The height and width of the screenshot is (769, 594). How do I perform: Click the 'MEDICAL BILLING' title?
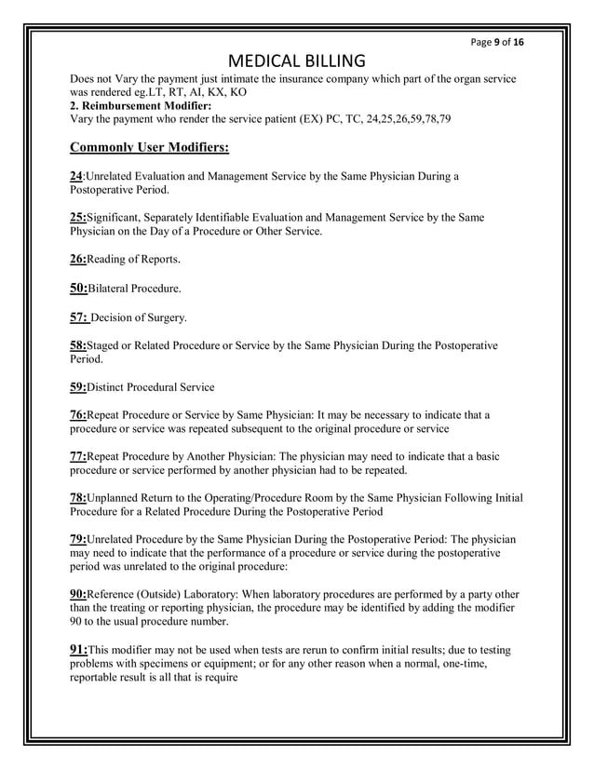(x=297, y=62)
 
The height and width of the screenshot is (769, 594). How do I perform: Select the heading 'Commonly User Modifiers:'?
(x=149, y=147)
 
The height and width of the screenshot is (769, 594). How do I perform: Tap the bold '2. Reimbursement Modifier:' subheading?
(x=141, y=107)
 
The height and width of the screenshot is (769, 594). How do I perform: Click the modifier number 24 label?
(x=76, y=175)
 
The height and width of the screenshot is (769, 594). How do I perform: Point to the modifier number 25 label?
(x=77, y=217)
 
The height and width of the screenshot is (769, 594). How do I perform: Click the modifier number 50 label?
(x=77, y=289)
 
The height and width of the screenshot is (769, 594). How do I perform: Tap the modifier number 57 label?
(x=78, y=317)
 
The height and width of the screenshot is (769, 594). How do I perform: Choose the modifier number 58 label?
(x=77, y=345)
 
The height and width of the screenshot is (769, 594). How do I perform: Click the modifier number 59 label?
(x=77, y=386)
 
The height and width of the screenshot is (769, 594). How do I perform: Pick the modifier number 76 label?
(x=77, y=415)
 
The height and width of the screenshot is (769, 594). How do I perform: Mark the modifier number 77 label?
(x=77, y=456)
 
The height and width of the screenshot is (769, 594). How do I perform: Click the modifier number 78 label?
(x=77, y=498)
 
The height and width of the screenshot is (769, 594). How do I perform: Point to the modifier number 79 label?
(x=77, y=540)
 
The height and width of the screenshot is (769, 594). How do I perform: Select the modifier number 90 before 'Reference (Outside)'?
(x=77, y=593)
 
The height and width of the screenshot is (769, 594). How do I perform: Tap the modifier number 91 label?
(x=77, y=650)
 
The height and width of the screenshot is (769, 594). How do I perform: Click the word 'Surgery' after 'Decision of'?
(x=168, y=318)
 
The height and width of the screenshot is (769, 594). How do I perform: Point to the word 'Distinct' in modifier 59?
(x=107, y=387)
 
